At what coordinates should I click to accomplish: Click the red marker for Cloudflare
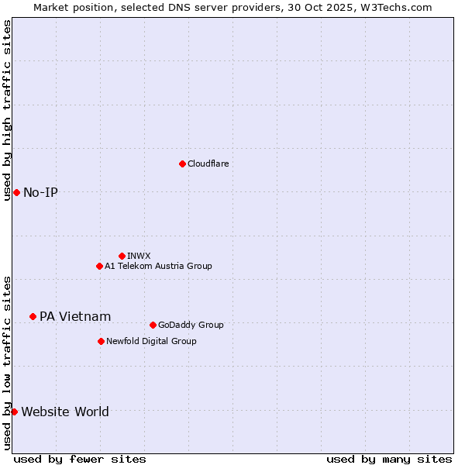pos(182,164)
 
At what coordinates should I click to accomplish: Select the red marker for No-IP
pos(16,192)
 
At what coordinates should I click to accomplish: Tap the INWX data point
pos(122,256)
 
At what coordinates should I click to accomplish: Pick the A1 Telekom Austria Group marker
pos(99,266)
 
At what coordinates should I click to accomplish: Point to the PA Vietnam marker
pos(33,316)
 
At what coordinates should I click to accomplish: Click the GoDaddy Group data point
pos(153,325)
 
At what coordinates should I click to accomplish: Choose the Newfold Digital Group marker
pos(101,341)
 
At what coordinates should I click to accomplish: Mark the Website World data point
pos(14,412)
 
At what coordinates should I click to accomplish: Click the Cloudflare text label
pos(208,164)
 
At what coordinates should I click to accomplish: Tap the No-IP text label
pos(40,192)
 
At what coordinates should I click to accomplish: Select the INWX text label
pos(139,256)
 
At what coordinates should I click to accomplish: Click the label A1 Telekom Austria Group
pos(158,266)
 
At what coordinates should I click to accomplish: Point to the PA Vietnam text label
pos(75,316)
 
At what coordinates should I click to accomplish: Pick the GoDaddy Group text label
pos(191,325)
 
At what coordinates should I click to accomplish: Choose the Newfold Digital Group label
pos(151,341)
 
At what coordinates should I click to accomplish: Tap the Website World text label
pos(65,412)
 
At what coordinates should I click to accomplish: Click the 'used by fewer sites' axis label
pos(80,459)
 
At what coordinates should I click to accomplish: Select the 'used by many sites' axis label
pos(389,459)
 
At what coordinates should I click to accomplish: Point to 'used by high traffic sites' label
pos(7,110)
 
